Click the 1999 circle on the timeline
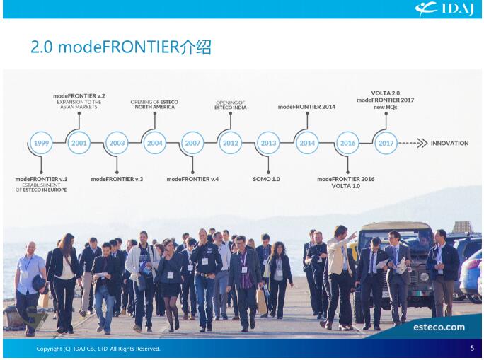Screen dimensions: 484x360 (41, 143)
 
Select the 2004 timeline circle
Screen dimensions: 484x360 (155, 143)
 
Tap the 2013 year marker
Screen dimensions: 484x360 (268, 143)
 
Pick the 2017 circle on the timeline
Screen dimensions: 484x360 (386, 143)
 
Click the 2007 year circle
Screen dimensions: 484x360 (192, 143)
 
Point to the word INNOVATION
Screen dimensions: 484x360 (449, 143)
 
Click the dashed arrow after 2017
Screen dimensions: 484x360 (413, 143)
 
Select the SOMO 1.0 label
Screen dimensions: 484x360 (266, 179)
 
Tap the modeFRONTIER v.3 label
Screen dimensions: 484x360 (117, 179)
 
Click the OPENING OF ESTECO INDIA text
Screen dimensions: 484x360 (231, 105)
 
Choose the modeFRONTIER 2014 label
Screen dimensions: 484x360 (306, 107)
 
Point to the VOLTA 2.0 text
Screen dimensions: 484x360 (385, 93)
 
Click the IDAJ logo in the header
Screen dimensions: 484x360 (444, 8)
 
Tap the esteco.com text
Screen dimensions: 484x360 (439, 327)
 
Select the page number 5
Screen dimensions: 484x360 (472, 348)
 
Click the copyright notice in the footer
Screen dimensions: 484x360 (98, 349)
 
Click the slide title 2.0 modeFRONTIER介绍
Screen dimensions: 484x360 (121, 47)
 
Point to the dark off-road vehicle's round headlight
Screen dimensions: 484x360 (424, 277)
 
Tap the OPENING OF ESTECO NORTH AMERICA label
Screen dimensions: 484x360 (154, 104)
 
